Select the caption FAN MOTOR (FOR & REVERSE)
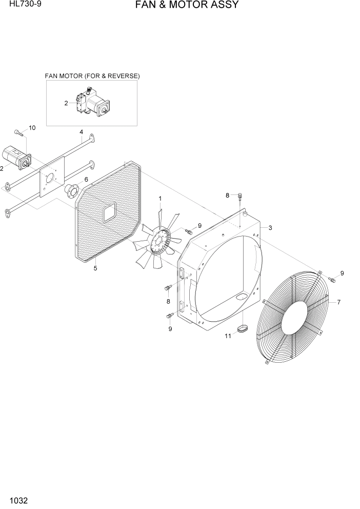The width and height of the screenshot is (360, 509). click(92, 76)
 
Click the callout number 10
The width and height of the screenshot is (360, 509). click(32, 128)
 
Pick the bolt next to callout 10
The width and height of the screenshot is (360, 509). click(18, 133)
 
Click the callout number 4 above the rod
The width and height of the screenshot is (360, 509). click(82, 132)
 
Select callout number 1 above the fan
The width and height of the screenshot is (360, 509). click(160, 198)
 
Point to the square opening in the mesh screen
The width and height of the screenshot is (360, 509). click(110, 212)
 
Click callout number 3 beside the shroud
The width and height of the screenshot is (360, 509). click(270, 228)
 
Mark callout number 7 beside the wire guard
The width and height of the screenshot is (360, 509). click(338, 302)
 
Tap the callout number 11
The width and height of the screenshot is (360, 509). click(228, 336)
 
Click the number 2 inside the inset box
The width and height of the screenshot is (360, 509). click(66, 103)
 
